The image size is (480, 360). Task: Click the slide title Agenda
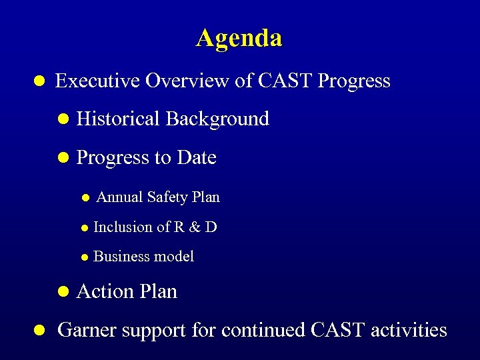pos(239,38)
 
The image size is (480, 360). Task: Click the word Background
pos(217,119)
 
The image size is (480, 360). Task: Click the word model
pos(173,257)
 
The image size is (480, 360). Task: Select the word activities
pos(409,330)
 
